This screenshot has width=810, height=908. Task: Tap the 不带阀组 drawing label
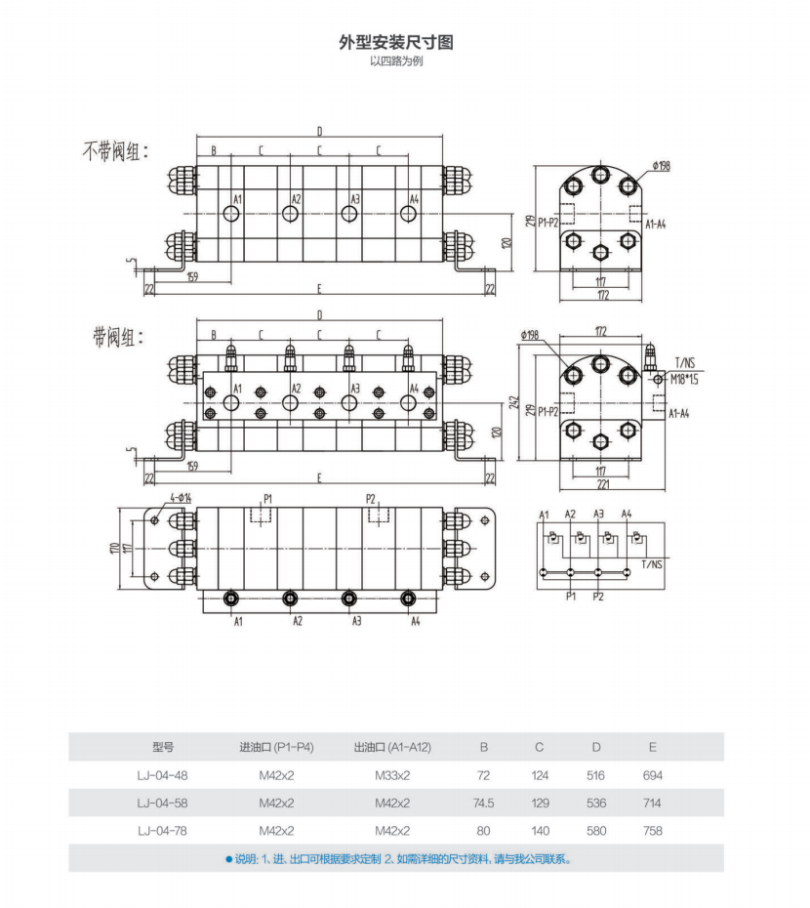click(115, 152)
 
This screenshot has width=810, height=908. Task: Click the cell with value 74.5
click(483, 804)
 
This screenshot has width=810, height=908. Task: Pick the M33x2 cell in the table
click(392, 775)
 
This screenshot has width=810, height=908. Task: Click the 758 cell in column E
click(653, 831)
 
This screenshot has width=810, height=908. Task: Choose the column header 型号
click(163, 747)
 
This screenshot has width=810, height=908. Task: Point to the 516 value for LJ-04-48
click(596, 775)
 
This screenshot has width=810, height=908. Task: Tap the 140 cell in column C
click(540, 831)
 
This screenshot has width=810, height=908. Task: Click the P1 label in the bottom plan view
click(267, 498)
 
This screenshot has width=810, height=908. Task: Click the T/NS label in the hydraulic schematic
click(652, 565)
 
